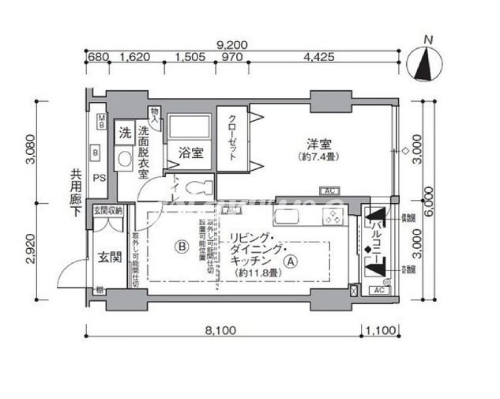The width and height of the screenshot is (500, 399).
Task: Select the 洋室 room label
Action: pyautogui.click(x=319, y=144)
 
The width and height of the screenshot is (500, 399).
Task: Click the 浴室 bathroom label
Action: pyautogui.click(x=190, y=154)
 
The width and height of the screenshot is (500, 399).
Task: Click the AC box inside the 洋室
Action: pyautogui.click(x=328, y=190)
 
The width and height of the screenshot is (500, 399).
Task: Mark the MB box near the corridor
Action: pyautogui.click(x=101, y=121)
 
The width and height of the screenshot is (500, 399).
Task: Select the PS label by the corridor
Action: pyautogui.click(x=100, y=178)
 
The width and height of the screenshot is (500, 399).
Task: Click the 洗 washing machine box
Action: pyautogui.click(x=125, y=134)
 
